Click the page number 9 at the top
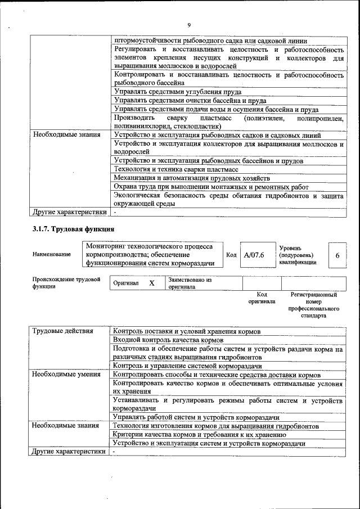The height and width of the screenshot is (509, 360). click(189, 25)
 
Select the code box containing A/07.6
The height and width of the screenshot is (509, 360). click(254, 255)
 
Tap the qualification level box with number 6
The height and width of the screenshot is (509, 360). click(337, 255)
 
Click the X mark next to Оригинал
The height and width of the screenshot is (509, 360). click(151, 283)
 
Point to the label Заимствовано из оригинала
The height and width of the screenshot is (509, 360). click(190, 283)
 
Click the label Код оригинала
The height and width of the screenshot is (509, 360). click(262, 298)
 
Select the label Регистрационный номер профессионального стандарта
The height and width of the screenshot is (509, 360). click(313, 305)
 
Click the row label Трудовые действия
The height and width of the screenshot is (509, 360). click(62, 331)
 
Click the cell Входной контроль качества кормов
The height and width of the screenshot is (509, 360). click(169, 340)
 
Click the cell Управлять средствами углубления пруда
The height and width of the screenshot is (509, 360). click(178, 91)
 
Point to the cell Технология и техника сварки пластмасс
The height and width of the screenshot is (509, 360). click(176, 169)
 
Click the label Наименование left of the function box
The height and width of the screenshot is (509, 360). click(52, 254)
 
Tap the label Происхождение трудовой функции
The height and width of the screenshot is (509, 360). click(66, 282)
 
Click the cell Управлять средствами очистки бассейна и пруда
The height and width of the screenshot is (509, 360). click(190, 100)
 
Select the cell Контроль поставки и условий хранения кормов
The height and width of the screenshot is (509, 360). click(187, 331)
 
